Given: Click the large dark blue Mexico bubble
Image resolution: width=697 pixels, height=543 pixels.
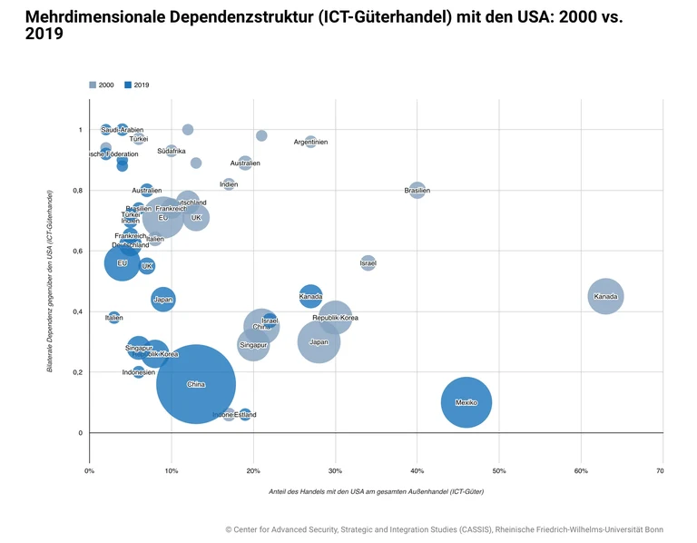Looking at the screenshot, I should coord(466,402).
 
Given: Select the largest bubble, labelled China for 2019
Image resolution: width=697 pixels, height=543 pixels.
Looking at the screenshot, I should coord(196,384).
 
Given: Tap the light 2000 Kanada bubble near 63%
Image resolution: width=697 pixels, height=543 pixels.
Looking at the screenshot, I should coord(605,296).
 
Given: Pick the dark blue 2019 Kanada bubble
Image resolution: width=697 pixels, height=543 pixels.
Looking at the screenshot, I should coord(310,296).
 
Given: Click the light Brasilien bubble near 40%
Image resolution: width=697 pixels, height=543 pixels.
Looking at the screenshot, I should coord(417,191).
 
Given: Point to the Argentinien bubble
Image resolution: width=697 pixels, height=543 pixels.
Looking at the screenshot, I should coord(311,142).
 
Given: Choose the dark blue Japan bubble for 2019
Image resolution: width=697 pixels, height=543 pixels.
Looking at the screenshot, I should coord(163,299).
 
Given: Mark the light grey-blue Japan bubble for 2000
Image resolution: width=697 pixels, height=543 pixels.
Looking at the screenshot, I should coord(319,341).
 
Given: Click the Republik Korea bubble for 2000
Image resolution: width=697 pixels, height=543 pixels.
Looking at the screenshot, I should coord(336,318).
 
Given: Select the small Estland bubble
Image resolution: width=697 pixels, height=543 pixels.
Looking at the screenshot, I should coord(245,415).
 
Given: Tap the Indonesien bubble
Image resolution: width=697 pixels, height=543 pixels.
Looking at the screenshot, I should coord(139,372).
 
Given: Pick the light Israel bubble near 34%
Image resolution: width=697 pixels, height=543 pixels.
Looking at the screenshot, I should coord(368,263).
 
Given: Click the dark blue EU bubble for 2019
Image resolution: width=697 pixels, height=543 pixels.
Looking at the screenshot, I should coord(123,263).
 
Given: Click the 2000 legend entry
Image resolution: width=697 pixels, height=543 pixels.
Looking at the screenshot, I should coord(101,84).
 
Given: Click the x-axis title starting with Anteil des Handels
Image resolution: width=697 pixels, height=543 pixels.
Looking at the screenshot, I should coord(376,491).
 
